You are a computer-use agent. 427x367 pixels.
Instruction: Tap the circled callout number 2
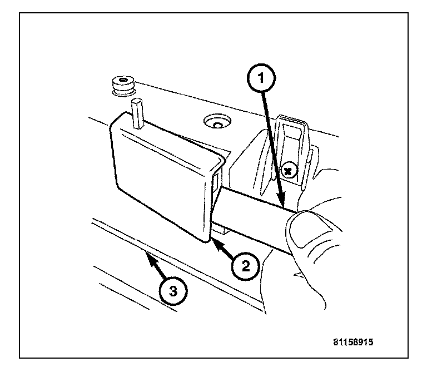click(245, 267)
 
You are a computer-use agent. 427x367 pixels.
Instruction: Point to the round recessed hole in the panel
click(216, 122)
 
